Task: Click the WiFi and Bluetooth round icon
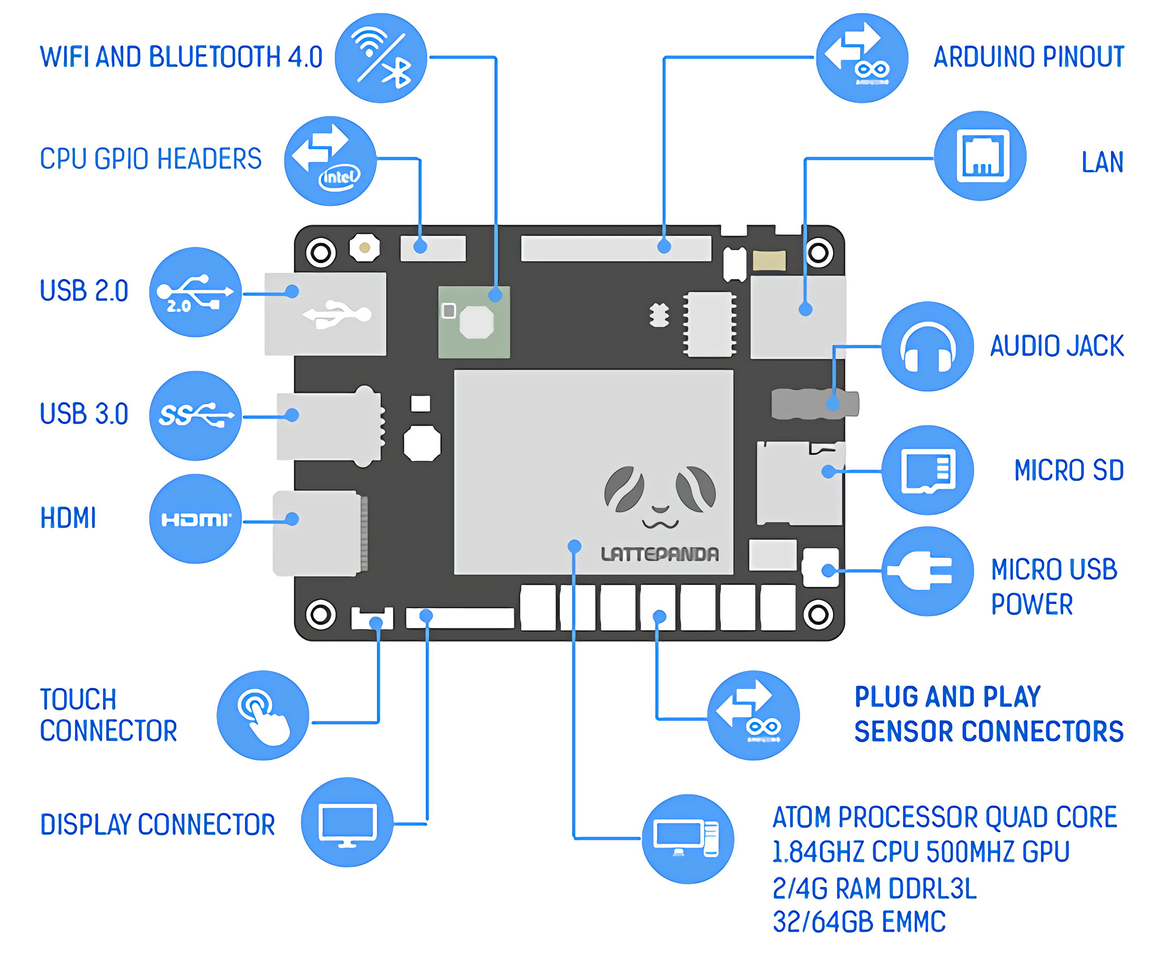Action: (x=381, y=57)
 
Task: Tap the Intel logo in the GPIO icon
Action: (x=339, y=177)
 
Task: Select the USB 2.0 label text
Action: (x=84, y=291)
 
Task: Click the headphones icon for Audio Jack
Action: (x=927, y=346)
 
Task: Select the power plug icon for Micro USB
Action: (x=927, y=571)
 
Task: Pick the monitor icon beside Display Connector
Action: (x=348, y=822)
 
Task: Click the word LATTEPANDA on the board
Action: (x=659, y=554)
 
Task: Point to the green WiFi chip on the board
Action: (x=474, y=322)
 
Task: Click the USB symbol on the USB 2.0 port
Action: (x=336, y=314)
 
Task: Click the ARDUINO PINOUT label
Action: (x=1028, y=57)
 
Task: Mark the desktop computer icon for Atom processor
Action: (x=687, y=839)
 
